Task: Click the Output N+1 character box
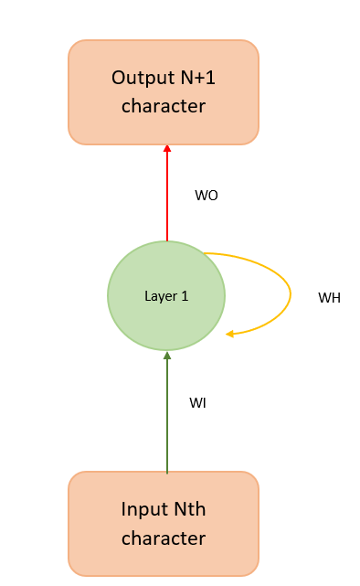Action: (164, 91)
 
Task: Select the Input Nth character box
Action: (164, 523)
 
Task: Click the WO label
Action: (206, 196)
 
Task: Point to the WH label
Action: (329, 298)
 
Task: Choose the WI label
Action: (197, 402)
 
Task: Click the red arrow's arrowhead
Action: (167, 149)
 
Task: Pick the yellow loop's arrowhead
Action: (231, 334)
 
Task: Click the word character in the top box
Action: (164, 106)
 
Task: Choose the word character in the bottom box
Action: (164, 538)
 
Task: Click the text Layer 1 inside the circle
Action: (166, 296)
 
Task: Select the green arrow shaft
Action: (167, 416)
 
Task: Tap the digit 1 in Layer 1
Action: (185, 296)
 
